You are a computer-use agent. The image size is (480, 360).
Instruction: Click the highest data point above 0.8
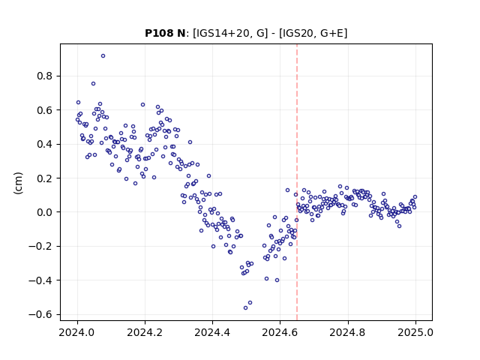[103, 56]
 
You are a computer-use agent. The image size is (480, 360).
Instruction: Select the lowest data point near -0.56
[245, 308]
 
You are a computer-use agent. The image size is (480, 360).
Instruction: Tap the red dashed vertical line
[297, 182]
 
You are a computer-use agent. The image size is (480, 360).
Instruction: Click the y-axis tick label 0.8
[44, 76]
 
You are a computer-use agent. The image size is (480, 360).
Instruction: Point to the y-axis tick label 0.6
[44, 110]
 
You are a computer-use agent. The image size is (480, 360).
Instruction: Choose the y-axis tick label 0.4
[44, 144]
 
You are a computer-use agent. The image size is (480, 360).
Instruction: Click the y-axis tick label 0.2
[44, 178]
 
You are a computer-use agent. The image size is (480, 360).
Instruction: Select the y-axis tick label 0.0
[44, 212]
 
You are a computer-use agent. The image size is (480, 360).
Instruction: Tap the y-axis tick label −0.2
[40, 246]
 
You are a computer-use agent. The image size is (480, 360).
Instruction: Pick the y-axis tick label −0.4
[40, 280]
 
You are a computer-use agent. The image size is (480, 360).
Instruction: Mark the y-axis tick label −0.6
[40, 314]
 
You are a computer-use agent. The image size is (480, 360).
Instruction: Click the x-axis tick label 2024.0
[77, 332]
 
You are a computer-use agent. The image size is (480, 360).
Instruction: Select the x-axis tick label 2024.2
[145, 332]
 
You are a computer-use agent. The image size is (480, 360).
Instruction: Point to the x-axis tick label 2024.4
[212, 332]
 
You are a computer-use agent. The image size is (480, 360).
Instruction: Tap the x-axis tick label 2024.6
[280, 332]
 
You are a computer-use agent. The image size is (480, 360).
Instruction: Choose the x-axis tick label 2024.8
[348, 332]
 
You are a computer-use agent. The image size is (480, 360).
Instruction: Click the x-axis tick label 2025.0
[415, 332]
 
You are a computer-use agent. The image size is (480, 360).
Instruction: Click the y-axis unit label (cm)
[18, 183]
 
